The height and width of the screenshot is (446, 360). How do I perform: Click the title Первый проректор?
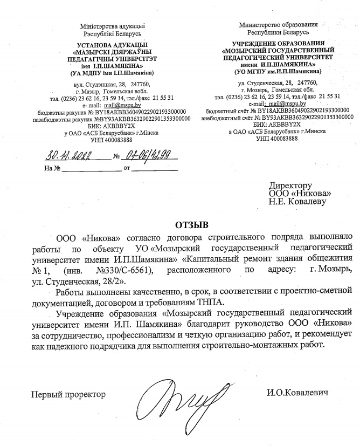pyautogui.click(x=68, y=394)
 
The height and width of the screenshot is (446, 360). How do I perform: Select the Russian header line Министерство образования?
pyautogui.click(x=278, y=24)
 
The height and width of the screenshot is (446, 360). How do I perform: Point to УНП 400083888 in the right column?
pyautogui.click(x=278, y=138)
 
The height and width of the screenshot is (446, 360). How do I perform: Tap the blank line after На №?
pyautogui.click(x=92, y=168)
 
